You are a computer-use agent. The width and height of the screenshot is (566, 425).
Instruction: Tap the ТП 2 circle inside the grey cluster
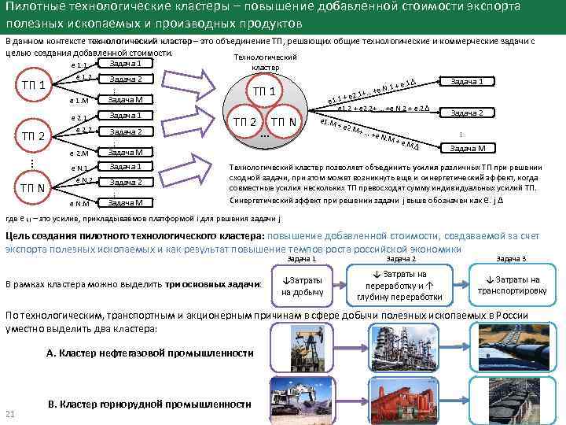point(244,122)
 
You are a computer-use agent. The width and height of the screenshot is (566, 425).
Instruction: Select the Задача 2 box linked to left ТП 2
point(126,131)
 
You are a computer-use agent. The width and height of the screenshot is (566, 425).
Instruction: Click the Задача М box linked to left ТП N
point(126,203)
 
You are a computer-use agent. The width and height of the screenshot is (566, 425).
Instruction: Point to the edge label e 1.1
point(79,65)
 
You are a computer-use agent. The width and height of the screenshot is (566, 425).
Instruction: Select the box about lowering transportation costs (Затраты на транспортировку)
point(512,285)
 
